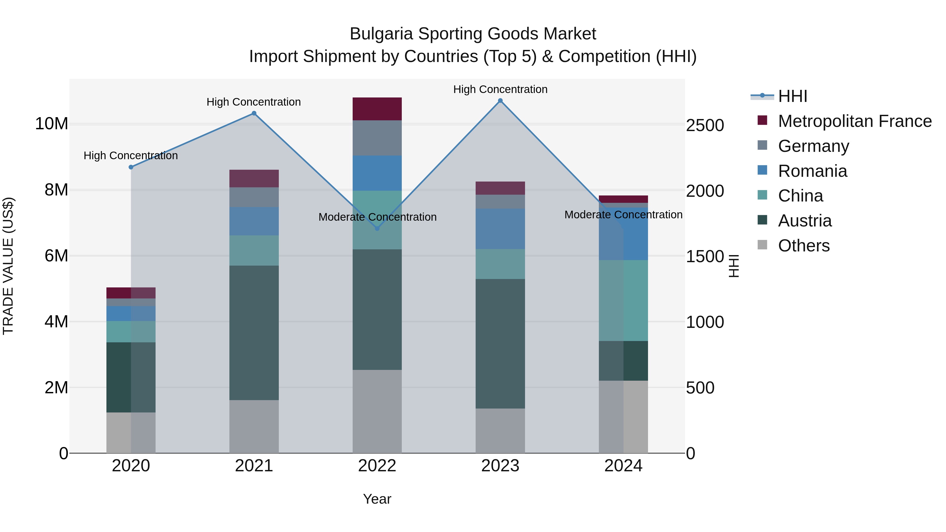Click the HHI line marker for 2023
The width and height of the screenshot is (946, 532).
pos(500,101)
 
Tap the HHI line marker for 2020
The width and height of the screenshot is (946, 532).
pos(131,167)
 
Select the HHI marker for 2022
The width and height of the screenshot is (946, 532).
pos(377,228)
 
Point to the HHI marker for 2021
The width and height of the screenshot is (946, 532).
pos(254,113)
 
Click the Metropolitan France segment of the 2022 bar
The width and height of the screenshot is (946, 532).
pos(377,109)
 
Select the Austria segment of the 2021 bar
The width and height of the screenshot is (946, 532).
pos(254,333)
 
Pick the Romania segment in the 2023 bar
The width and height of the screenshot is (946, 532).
pos(500,229)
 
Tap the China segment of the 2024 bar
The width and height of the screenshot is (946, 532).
pos(623,300)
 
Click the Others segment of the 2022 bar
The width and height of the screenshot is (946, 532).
pos(377,411)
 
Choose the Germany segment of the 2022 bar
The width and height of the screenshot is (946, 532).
pos(377,138)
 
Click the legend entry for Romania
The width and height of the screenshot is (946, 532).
pos(812,171)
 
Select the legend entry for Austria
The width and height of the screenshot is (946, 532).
pos(805,221)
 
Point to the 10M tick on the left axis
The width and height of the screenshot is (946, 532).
pos(52,124)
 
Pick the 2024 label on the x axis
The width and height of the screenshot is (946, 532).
pos(623,466)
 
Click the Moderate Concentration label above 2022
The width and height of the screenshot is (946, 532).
pos(377,217)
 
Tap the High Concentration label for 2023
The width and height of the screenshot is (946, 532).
pos(500,89)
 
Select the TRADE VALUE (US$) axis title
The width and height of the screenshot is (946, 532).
pos(8,266)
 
